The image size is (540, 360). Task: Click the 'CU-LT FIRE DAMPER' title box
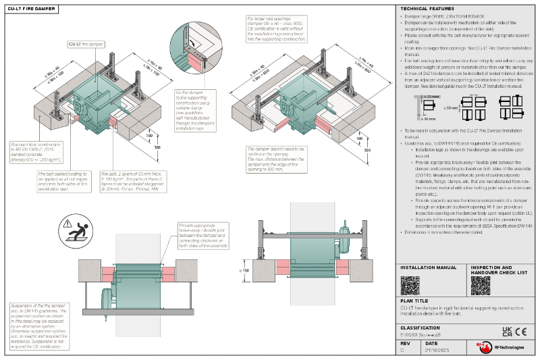[x=30, y=9]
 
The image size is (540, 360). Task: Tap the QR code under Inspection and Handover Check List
[x=480, y=285]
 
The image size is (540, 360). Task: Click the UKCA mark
[x=507, y=332]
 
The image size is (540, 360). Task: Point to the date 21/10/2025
[x=437, y=351]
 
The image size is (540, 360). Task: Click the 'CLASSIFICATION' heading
[x=422, y=327]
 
